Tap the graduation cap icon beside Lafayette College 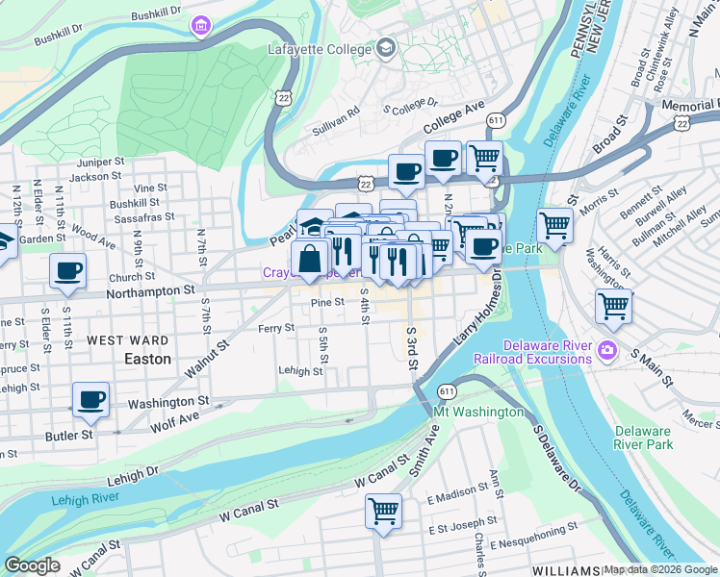click(x=385, y=47)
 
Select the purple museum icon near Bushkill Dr click(x=200, y=23)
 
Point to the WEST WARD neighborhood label click(x=128, y=340)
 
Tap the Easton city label click(x=147, y=359)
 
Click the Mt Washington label click(x=478, y=412)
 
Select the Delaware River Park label click(x=644, y=438)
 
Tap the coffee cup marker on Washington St click(x=91, y=399)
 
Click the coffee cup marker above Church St click(x=67, y=271)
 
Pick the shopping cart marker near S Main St click(x=613, y=307)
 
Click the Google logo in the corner click(x=32, y=565)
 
